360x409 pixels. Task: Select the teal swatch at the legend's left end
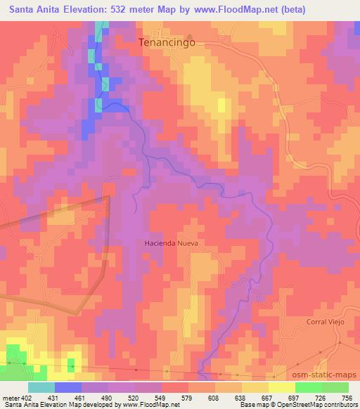tap(41, 388)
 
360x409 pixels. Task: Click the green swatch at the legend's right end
tap(335, 388)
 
